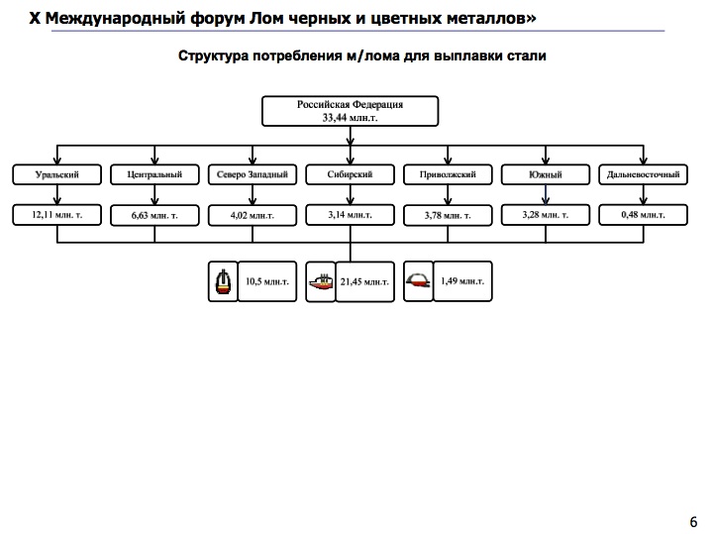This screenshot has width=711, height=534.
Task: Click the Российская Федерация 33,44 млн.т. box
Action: pyautogui.click(x=351, y=111)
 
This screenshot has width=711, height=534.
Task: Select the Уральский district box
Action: pyautogui.click(x=56, y=174)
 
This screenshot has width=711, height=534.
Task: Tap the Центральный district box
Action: pyautogui.click(x=154, y=174)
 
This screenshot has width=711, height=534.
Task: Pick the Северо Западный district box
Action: pyautogui.click(x=253, y=174)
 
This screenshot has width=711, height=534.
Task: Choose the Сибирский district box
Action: pyautogui.click(x=351, y=174)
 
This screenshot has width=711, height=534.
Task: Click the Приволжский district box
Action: pyautogui.click(x=448, y=174)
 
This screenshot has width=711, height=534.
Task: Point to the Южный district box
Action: pyautogui.click(x=546, y=174)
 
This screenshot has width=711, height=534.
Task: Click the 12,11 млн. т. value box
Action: pyautogui.click(x=56, y=214)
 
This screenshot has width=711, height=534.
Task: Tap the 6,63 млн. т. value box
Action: pyautogui.click(x=154, y=214)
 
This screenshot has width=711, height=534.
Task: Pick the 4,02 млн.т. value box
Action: pyautogui.click(x=253, y=214)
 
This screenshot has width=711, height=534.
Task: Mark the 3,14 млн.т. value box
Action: pyautogui.click(x=351, y=213)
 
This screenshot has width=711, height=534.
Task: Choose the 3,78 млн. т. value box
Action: pyautogui.click(x=448, y=214)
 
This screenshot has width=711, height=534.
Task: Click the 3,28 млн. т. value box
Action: pyautogui.click(x=546, y=213)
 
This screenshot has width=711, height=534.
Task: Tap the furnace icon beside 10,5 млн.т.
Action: pyautogui.click(x=223, y=282)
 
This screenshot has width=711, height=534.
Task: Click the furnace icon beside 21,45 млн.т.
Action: pyautogui.click(x=321, y=282)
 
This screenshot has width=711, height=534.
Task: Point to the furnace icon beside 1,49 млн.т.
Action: pyautogui.click(x=419, y=281)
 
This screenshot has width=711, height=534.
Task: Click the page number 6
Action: pyautogui.click(x=692, y=521)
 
